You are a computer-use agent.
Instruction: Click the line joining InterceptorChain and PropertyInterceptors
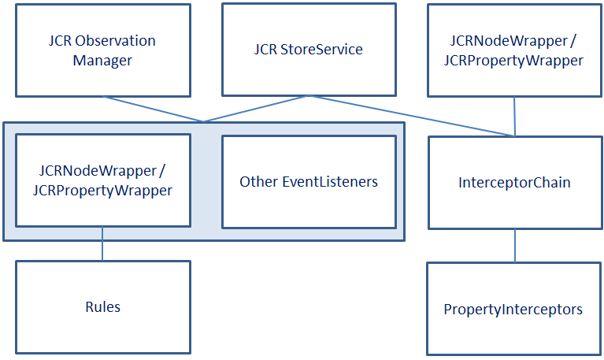coord(515,245)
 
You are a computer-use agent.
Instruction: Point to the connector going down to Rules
coord(102,243)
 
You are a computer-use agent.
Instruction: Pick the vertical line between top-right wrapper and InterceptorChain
coord(515,116)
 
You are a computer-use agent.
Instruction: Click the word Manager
coord(102,60)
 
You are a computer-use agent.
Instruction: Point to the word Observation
coord(117,41)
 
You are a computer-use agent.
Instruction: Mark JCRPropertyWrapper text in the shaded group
coord(102,191)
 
